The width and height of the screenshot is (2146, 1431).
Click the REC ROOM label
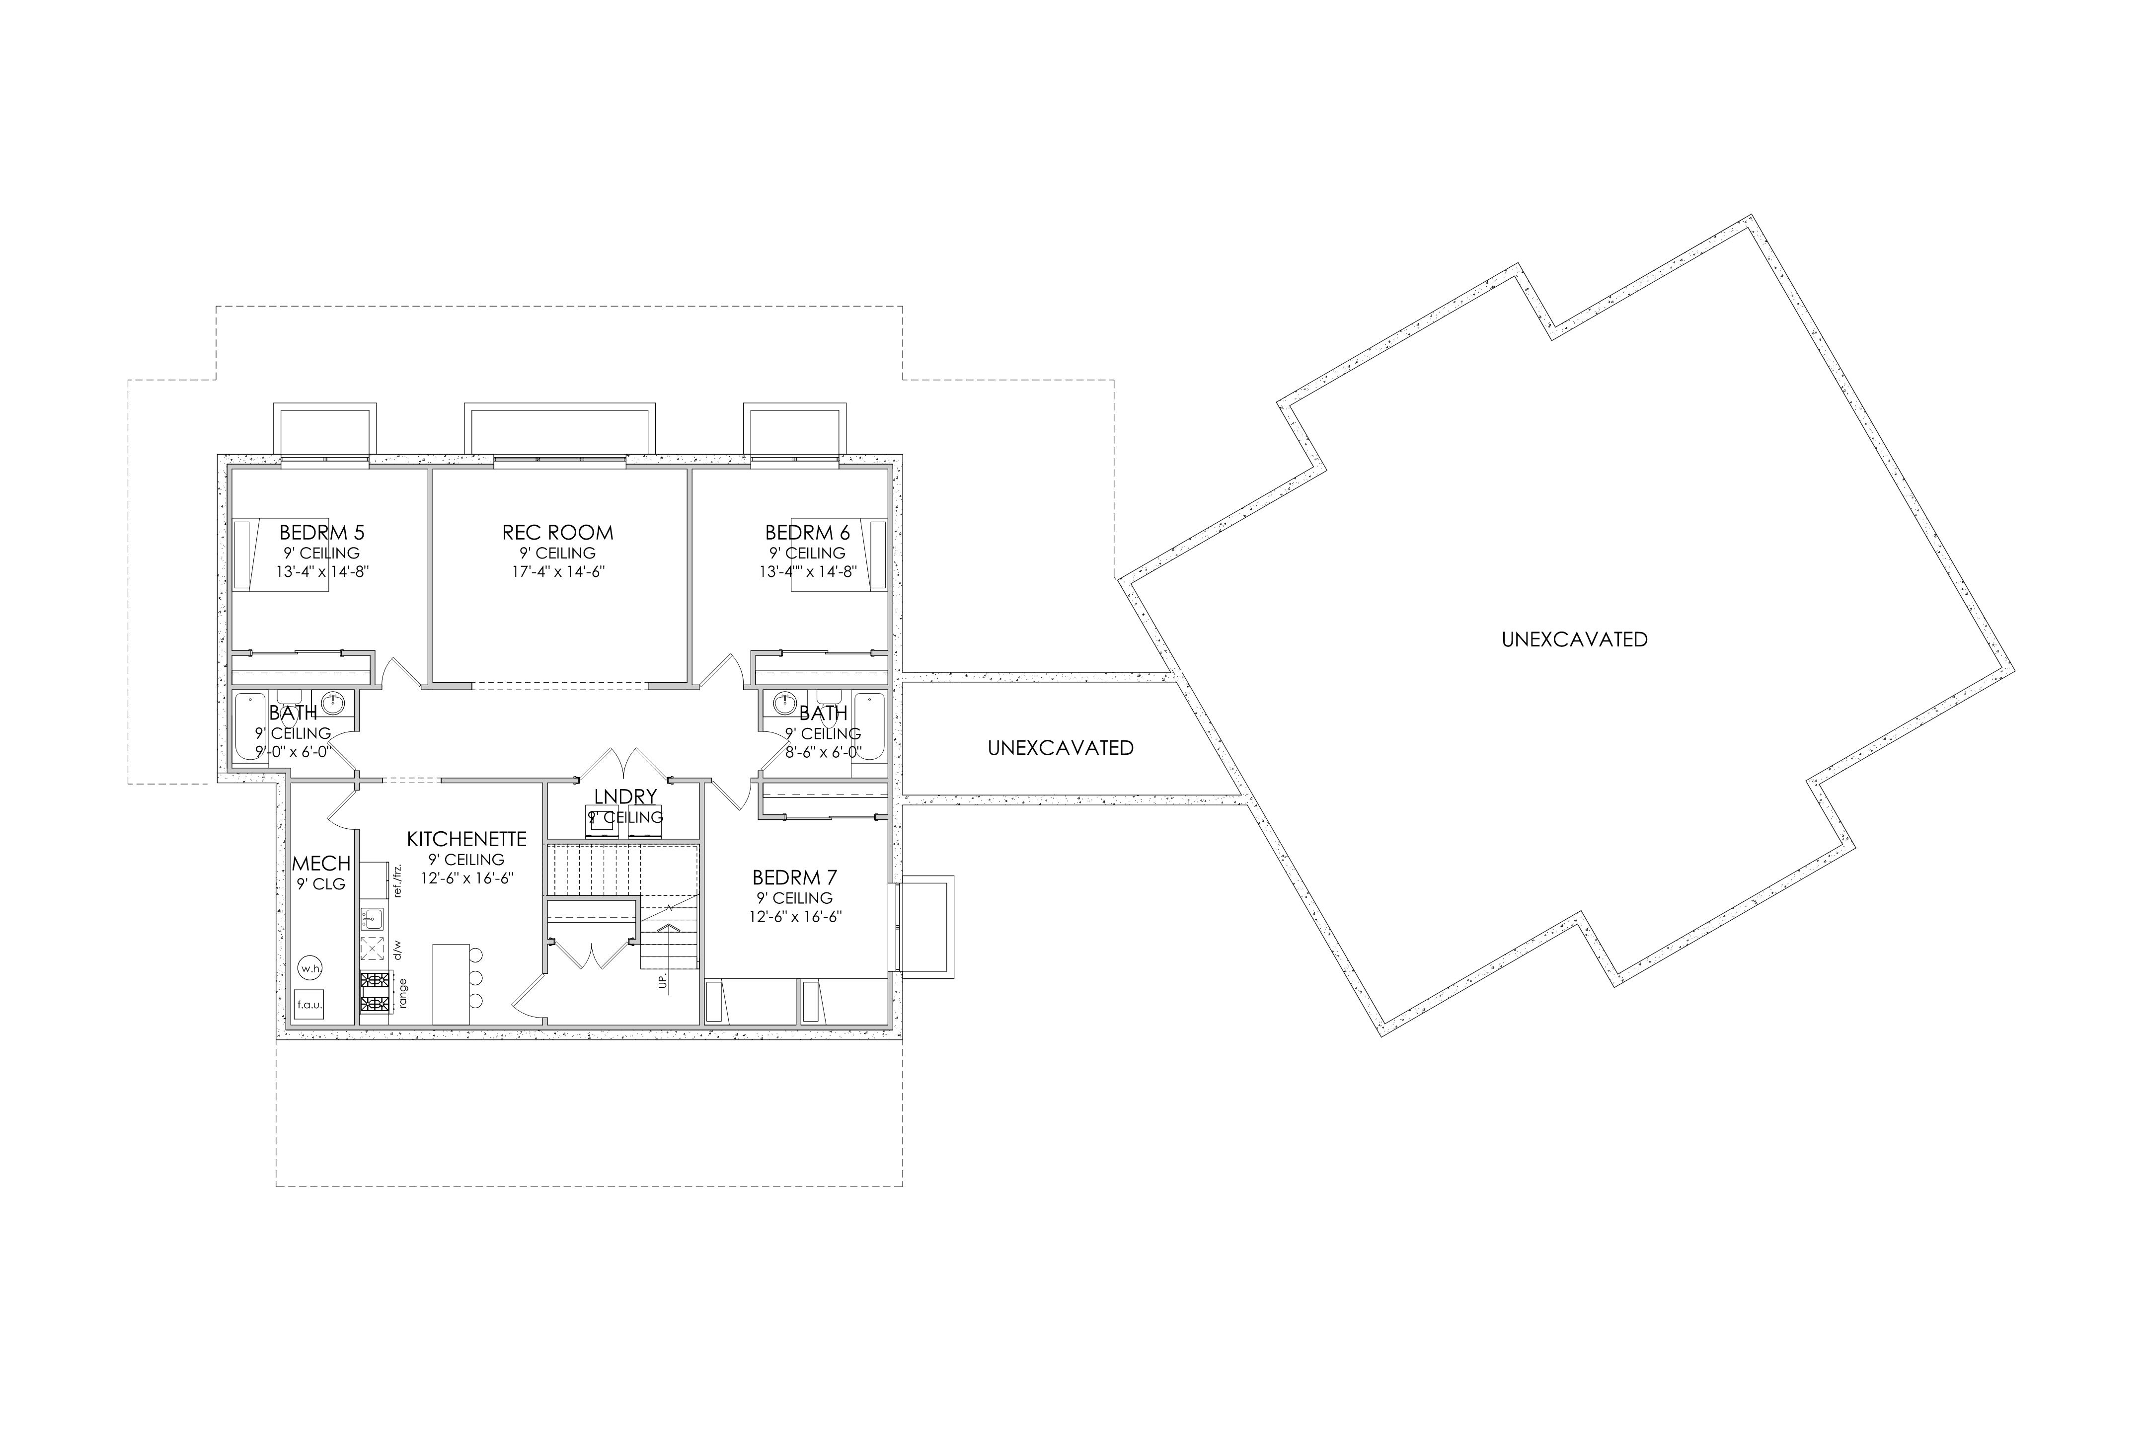[x=557, y=532]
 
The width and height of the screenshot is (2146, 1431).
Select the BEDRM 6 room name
[x=808, y=532]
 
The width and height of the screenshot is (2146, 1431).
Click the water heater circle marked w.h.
[x=310, y=967]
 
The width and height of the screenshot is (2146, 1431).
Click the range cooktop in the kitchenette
[x=373, y=993]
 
